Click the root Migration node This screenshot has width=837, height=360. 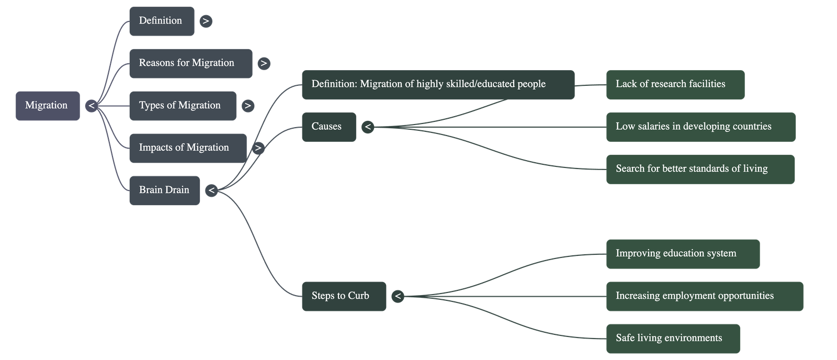click(x=47, y=106)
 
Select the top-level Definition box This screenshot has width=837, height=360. click(x=161, y=21)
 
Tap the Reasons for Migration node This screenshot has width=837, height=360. click(x=190, y=63)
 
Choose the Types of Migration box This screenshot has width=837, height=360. click(x=182, y=106)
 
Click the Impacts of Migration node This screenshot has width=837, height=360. click(x=187, y=148)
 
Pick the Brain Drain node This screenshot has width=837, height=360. click(x=164, y=190)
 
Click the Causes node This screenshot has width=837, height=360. click(x=329, y=127)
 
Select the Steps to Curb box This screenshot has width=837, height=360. click(x=344, y=296)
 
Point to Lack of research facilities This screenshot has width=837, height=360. click(x=675, y=84)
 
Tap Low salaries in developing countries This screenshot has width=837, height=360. click(x=700, y=127)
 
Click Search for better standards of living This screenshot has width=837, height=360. click(x=700, y=169)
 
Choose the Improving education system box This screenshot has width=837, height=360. click(x=683, y=254)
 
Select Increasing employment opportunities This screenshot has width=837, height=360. click(x=704, y=296)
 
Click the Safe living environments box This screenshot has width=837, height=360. click(x=673, y=339)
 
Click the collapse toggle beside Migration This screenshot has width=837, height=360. click(x=92, y=106)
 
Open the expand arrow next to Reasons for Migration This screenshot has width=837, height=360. click(x=264, y=63)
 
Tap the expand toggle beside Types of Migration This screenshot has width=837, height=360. click(x=247, y=106)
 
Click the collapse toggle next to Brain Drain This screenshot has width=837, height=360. click(x=211, y=190)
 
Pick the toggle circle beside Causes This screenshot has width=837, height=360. click(x=368, y=127)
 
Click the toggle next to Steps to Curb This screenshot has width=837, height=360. click(x=398, y=296)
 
